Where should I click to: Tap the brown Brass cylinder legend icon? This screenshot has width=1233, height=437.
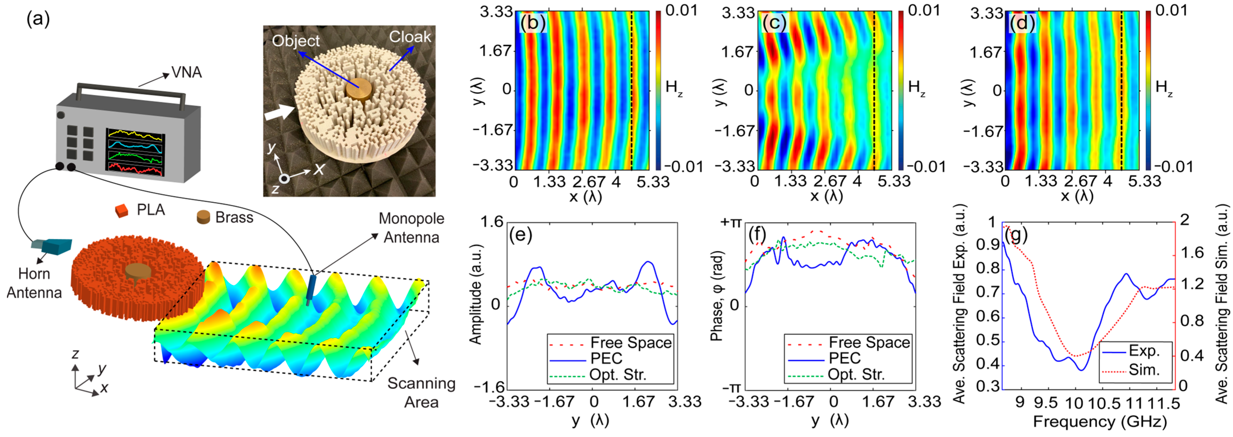(204, 218)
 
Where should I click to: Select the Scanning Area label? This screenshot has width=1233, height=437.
(421, 392)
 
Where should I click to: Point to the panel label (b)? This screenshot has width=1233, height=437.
(532, 24)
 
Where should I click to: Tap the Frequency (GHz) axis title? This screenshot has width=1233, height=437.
(1100, 422)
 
